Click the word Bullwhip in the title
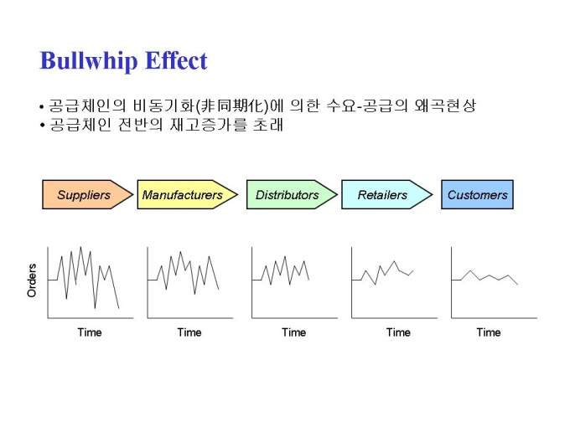(88, 60)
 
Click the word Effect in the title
(176, 60)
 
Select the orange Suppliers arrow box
(88, 194)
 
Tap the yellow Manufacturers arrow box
(187, 194)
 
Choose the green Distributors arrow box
(292, 194)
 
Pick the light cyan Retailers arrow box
(386, 194)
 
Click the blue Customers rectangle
(477, 194)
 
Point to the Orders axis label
(32, 280)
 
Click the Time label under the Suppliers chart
(90, 332)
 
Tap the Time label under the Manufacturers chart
(189, 332)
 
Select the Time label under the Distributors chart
(293, 332)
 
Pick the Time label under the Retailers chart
(398, 332)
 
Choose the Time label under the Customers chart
(489, 332)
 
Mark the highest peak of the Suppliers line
(80, 247)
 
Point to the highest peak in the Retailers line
(395, 261)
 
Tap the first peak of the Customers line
(470, 271)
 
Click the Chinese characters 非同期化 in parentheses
(232, 105)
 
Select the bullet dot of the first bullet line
(42, 107)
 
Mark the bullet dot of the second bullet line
(42, 126)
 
